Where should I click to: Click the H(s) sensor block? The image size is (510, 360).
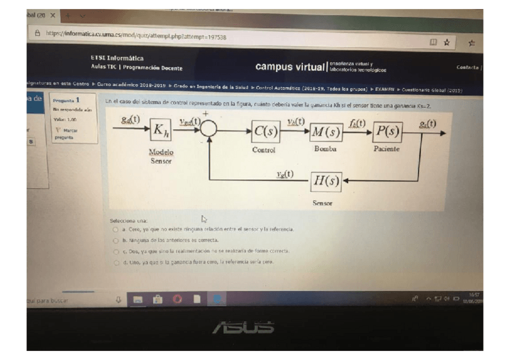[326, 180]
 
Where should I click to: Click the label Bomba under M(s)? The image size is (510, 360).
[325, 148]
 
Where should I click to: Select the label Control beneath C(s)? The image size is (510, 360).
[263, 150]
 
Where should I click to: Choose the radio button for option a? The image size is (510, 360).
[115, 230]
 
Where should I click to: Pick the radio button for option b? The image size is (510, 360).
[115, 240]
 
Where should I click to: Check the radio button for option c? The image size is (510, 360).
[115, 251]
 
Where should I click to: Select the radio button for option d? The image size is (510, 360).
[115, 262]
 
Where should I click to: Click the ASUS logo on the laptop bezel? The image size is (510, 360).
[243, 328]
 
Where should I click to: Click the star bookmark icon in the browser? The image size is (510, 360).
[446, 41]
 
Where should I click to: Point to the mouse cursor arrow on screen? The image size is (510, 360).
[203, 219]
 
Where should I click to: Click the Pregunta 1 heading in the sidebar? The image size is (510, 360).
[66, 101]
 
